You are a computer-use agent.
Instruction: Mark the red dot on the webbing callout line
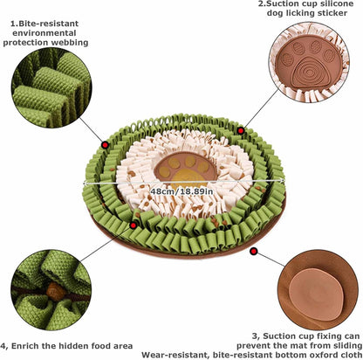click(x=106, y=144)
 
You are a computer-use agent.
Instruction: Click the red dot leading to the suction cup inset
click(x=253, y=252)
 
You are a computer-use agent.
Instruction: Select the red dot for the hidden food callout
click(x=133, y=224)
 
